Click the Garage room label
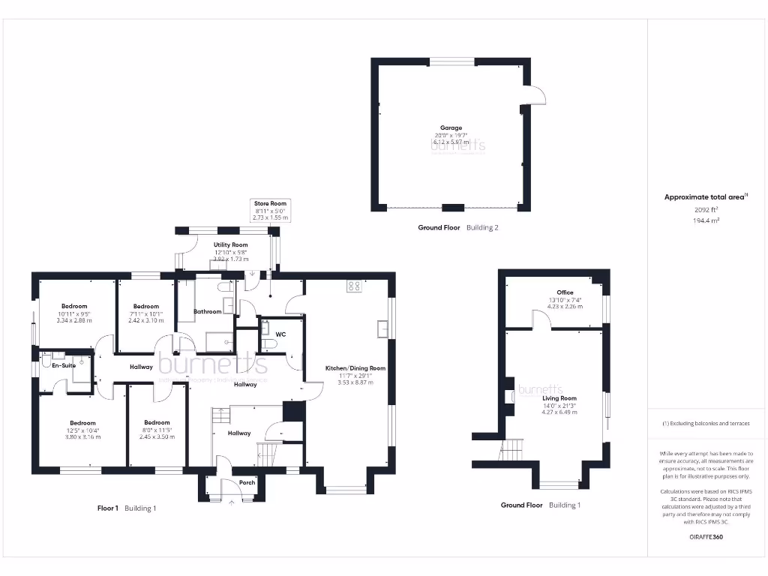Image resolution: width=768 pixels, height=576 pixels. pyautogui.click(x=451, y=128)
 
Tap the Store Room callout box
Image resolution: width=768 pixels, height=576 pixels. pyautogui.click(x=270, y=210)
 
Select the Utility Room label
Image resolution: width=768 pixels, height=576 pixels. pyautogui.click(x=229, y=245)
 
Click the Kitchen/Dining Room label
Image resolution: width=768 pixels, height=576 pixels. pyautogui.click(x=355, y=368)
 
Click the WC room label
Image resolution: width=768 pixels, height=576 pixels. pyautogui.click(x=280, y=334)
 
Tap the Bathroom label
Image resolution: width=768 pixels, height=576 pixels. pyautogui.click(x=208, y=311)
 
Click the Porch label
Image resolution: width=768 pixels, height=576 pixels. pyautogui.click(x=247, y=482)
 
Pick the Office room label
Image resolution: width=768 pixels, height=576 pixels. pyautogui.click(x=565, y=292)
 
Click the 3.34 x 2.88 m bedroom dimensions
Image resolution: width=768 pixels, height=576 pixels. pyautogui.click(x=73, y=320)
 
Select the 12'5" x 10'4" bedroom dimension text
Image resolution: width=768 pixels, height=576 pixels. pyautogui.click(x=83, y=430)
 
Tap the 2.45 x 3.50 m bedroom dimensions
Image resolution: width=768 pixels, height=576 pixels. pyautogui.click(x=157, y=436)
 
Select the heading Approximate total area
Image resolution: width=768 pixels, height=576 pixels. pyautogui.click(x=704, y=197)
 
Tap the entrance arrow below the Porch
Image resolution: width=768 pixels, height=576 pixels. pyautogui.click(x=231, y=502)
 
